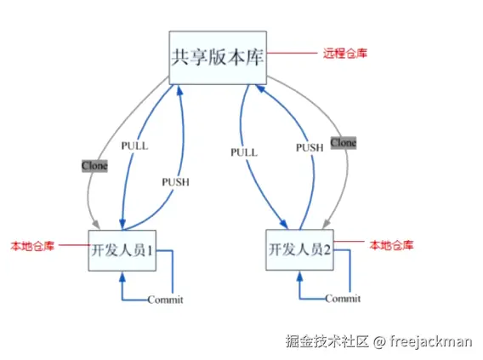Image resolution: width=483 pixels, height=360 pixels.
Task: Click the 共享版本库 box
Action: (x=218, y=58)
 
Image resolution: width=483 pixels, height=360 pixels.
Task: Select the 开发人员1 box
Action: (x=122, y=250)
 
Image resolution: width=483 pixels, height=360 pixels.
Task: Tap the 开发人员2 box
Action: (x=300, y=250)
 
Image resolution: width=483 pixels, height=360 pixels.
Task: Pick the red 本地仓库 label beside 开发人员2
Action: (x=392, y=245)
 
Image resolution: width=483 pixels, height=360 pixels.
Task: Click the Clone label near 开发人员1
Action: (x=94, y=165)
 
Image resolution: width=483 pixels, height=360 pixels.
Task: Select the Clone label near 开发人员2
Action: (x=343, y=142)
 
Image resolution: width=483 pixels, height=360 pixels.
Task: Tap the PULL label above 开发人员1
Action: (x=134, y=146)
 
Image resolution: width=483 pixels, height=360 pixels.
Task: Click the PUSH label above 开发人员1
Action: (x=175, y=181)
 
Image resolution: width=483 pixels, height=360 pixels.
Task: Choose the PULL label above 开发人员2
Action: (x=243, y=151)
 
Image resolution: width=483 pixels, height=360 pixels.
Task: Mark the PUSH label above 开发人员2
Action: (x=309, y=147)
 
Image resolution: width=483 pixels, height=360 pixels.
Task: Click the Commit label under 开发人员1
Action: (x=165, y=300)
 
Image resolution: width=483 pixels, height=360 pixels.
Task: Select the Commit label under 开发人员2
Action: (x=343, y=299)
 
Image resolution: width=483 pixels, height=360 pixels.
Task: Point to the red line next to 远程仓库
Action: (x=292, y=54)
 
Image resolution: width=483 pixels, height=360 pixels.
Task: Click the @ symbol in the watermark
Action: (x=381, y=341)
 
